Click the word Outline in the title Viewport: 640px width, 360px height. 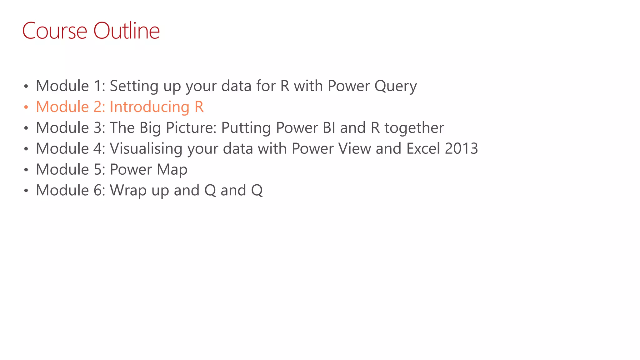pos(127,31)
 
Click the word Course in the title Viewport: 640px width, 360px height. pos(55,31)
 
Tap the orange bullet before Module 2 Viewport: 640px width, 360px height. pos(26,107)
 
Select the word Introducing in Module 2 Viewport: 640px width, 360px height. pos(149,107)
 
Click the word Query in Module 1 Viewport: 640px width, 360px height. pos(395,86)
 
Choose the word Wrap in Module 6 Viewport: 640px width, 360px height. pos(128,191)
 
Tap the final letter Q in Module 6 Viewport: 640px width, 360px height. pos(257,191)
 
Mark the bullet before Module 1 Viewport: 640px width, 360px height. pos(26,86)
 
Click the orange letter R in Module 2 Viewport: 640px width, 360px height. pos(199,107)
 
